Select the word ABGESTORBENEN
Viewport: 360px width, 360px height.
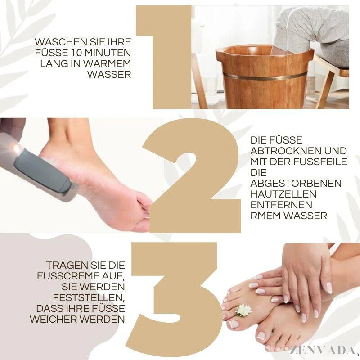pyautogui.click(x=296, y=183)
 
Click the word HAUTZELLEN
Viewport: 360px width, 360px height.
pyautogui.click(x=283, y=194)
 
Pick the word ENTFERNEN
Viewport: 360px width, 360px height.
pyautogui.click(x=281, y=205)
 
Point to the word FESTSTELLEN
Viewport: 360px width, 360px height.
pyautogui.click(x=89, y=298)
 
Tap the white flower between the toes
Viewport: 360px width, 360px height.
pyautogui.click(x=243, y=310)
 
